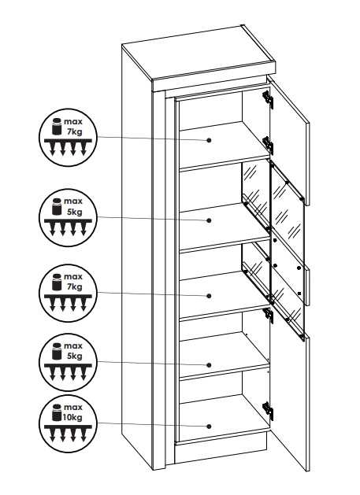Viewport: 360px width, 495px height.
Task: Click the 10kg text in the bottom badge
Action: [72, 417]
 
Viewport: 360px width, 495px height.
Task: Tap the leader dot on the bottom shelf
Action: [209, 427]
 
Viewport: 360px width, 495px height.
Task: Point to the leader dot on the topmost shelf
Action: [209, 140]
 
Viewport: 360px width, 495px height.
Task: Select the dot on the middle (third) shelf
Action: [209, 295]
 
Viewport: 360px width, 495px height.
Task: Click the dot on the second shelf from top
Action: [209, 220]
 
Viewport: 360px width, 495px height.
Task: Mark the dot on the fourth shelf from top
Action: [209, 365]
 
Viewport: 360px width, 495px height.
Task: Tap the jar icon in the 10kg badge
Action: [57, 412]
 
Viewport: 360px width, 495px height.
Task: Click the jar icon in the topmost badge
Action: [57, 126]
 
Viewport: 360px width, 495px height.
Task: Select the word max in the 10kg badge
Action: [73, 407]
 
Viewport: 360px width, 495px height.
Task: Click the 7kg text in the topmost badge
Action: [74, 131]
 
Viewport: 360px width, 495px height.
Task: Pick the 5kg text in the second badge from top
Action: [74, 212]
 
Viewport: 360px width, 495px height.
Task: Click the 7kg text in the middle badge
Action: [74, 286]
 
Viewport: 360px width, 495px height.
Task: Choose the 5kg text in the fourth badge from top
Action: [74, 356]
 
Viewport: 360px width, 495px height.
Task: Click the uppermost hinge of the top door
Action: [268, 98]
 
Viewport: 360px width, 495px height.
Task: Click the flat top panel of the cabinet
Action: [199, 53]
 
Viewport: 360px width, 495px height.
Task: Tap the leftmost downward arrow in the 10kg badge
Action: [53, 435]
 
